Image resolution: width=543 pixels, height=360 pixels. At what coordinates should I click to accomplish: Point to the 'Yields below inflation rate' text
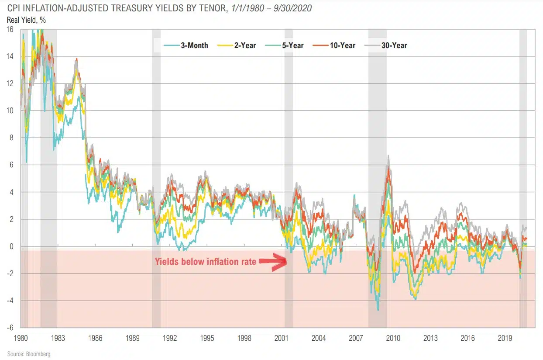205,262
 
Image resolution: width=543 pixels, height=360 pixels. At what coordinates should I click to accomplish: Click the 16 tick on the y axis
10,29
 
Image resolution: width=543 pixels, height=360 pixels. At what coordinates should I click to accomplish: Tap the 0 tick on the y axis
11,246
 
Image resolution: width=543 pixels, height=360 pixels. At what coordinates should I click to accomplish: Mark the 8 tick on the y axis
11,138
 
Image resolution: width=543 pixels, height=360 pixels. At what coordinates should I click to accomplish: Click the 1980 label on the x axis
21,338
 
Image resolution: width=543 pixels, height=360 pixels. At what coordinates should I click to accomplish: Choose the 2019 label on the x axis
505,338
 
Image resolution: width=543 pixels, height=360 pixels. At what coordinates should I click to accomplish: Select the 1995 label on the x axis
207,338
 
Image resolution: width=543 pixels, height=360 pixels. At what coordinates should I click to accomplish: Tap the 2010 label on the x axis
393,338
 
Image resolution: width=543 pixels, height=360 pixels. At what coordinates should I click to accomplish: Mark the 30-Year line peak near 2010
388,156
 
